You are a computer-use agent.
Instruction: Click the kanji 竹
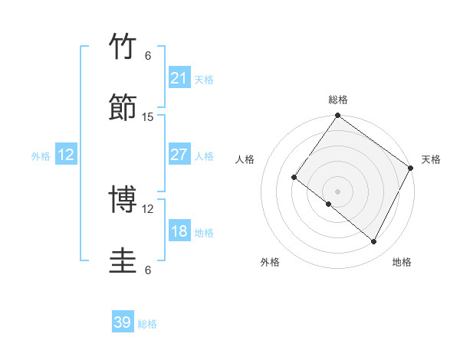coord(123,47)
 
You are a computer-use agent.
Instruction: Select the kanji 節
coord(123,108)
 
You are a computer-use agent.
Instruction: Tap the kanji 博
coord(123,200)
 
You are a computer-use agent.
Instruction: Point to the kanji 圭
coord(123,261)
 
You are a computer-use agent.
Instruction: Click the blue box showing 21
coord(179,77)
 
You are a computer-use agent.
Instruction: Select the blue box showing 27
coord(179,155)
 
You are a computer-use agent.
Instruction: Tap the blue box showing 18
coord(179,231)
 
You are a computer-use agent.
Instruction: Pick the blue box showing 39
coord(123,322)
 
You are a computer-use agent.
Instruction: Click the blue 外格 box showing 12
coord(66,155)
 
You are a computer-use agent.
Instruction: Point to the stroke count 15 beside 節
coord(148,117)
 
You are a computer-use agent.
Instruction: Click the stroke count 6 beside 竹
coord(148,55)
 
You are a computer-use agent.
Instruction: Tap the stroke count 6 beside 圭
coord(148,270)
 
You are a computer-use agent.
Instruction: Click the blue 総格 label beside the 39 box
coord(147,324)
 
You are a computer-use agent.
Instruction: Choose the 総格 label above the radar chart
coord(338,100)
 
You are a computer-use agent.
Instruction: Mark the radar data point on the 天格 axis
coord(410,168)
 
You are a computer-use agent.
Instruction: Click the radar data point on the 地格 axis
coord(374,242)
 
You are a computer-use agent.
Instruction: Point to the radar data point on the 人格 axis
coord(294,178)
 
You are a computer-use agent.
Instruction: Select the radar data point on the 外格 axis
coord(329,204)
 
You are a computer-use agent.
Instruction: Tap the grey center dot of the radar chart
coord(337,191)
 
